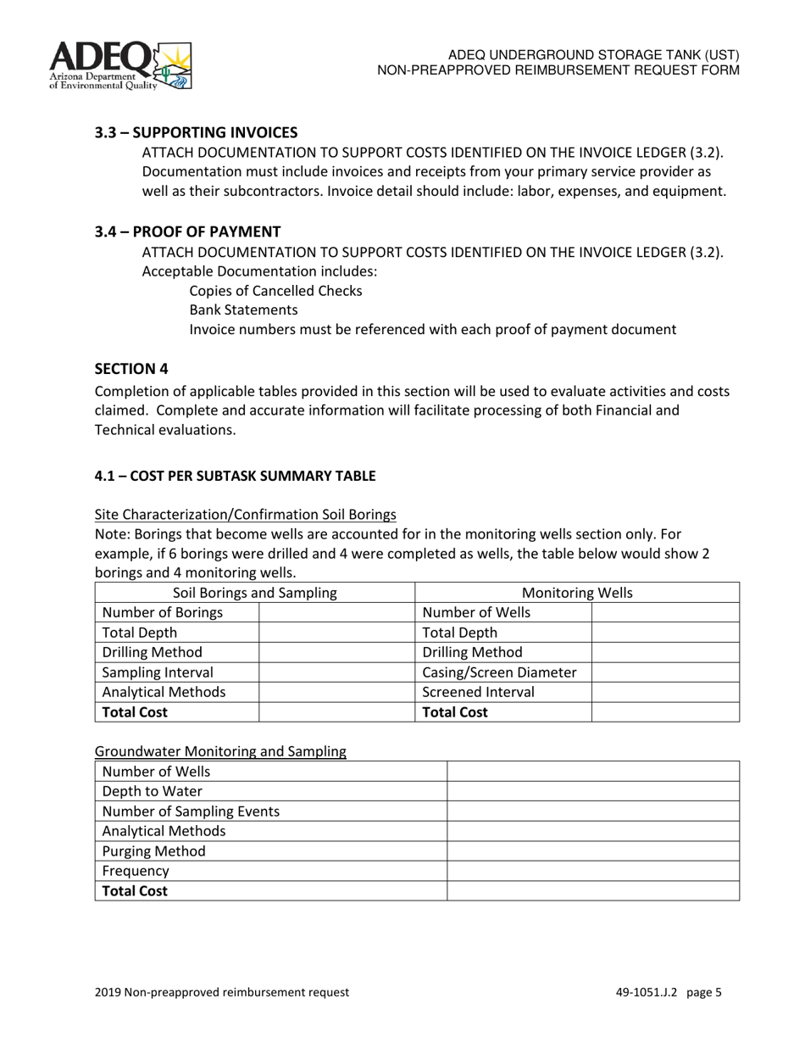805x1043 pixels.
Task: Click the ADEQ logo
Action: pyautogui.click(x=120, y=64)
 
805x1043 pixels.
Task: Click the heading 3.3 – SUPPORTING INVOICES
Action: pyautogui.click(x=196, y=132)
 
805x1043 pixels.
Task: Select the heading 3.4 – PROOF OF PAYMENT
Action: pyautogui.click(x=187, y=231)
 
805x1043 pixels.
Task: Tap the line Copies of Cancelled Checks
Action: pyautogui.click(x=275, y=291)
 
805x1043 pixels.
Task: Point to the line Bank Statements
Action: pyautogui.click(x=243, y=310)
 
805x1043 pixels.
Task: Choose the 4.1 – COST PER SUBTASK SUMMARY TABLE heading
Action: pyautogui.click(x=235, y=476)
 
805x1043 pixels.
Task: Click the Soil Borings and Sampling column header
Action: pyautogui.click(x=254, y=593)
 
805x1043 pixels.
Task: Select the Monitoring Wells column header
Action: pyautogui.click(x=577, y=593)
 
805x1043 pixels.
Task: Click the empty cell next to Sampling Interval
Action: pyautogui.click(x=336, y=672)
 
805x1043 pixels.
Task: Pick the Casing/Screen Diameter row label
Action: pyautogui.click(x=499, y=672)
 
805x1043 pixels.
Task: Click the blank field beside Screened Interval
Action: pyautogui.click(x=664, y=692)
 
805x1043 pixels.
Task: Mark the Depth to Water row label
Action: pyautogui.click(x=153, y=791)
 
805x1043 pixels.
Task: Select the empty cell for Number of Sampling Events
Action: pyautogui.click(x=592, y=812)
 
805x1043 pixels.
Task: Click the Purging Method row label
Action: pyautogui.click(x=153, y=851)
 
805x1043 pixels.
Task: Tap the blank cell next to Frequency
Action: pyautogui.click(x=592, y=871)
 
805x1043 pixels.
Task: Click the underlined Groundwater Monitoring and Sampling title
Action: pyautogui.click(x=220, y=751)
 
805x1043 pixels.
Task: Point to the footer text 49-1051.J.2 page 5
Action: pyautogui.click(x=669, y=992)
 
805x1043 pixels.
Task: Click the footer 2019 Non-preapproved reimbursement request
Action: pyautogui.click(x=222, y=992)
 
